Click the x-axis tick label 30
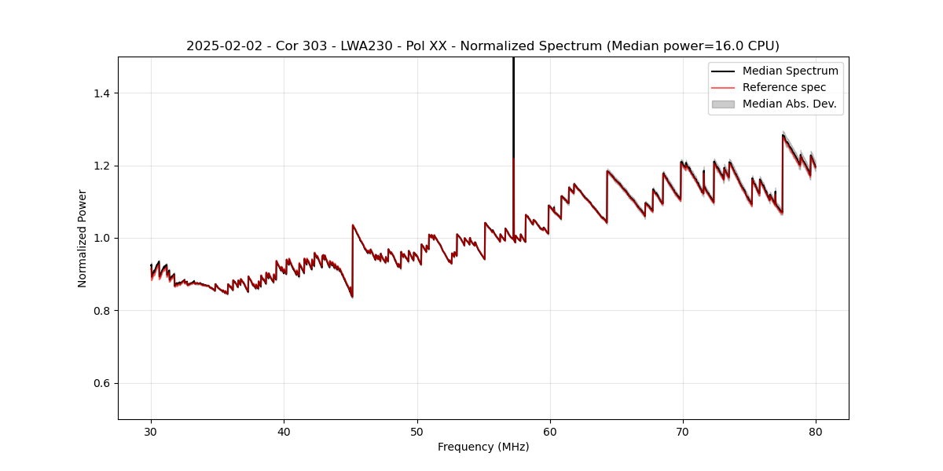pyautogui.click(x=151, y=431)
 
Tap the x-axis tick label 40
pyautogui.click(x=284, y=431)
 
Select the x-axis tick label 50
pyautogui.click(x=416, y=431)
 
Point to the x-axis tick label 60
pyautogui.click(x=550, y=431)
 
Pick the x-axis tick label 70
pyautogui.click(x=683, y=431)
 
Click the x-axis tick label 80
pyautogui.click(x=816, y=431)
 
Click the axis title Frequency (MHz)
pyautogui.click(x=483, y=447)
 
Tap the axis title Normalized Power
pyautogui.click(x=83, y=238)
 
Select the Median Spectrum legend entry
pyautogui.click(x=790, y=71)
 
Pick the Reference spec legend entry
pyautogui.click(x=784, y=87)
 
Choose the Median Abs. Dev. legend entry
pyautogui.click(x=789, y=104)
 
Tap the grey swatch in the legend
pyautogui.click(x=723, y=104)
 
